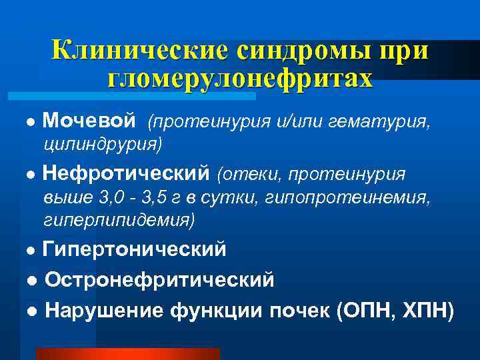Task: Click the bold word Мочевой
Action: pyautogui.click(x=89, y=121)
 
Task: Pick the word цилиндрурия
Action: pyautogui.click(x=101, y=143)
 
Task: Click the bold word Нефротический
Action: pyautogui.click(x=126, y=174)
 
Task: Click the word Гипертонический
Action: pyautogui.click(x=134, y=249)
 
